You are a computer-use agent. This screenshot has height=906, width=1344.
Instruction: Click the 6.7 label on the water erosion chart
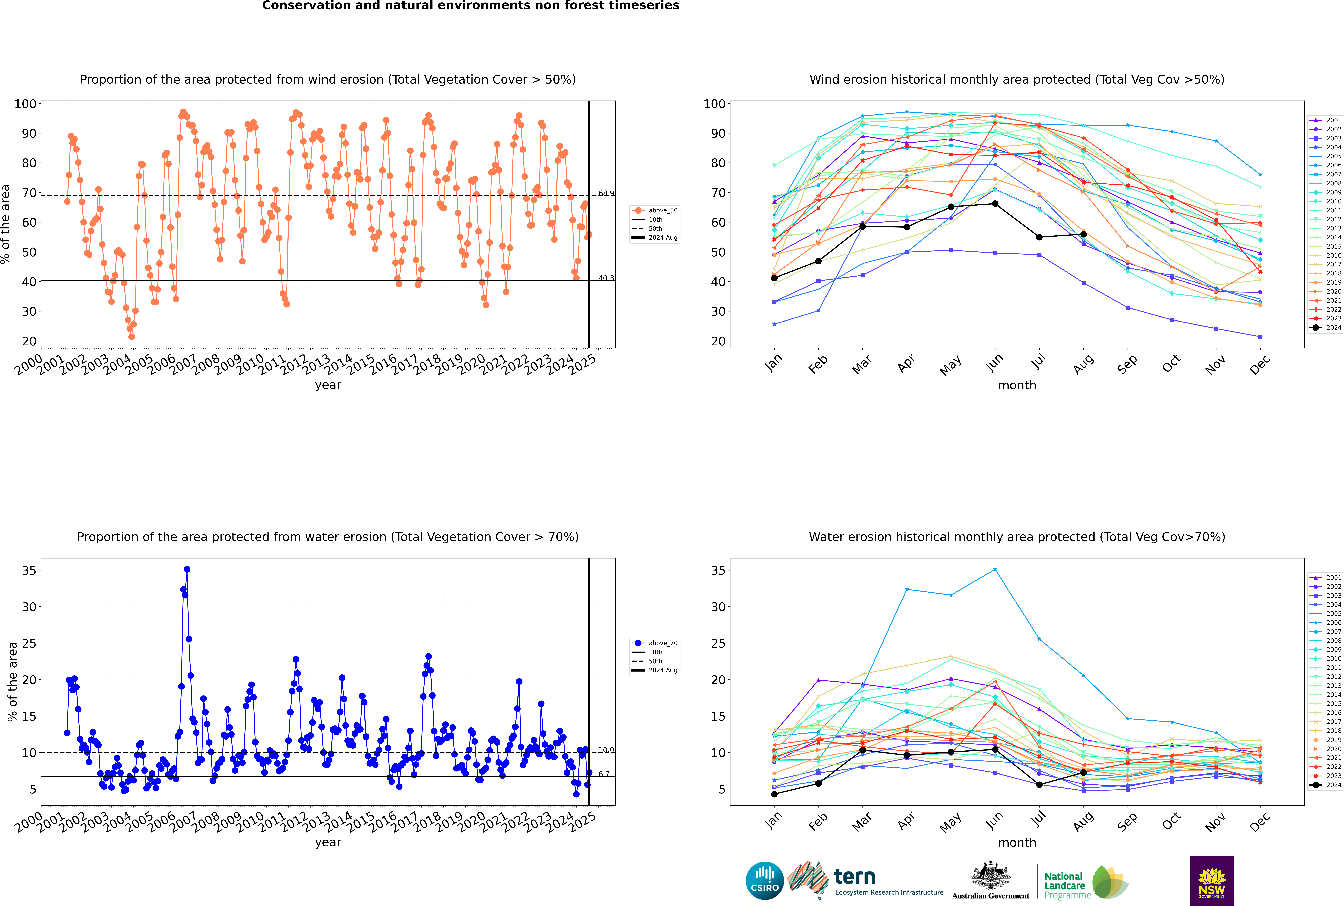tap(604, 774)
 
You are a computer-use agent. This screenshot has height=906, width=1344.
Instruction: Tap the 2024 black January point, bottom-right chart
tap(774, 794)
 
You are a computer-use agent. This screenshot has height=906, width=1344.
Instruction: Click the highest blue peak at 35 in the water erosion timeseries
tap(187, 569)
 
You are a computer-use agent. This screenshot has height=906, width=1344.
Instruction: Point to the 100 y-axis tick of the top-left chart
tap(25, 104)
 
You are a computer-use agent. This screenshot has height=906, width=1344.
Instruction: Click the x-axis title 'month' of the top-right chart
tap(1017, 385)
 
